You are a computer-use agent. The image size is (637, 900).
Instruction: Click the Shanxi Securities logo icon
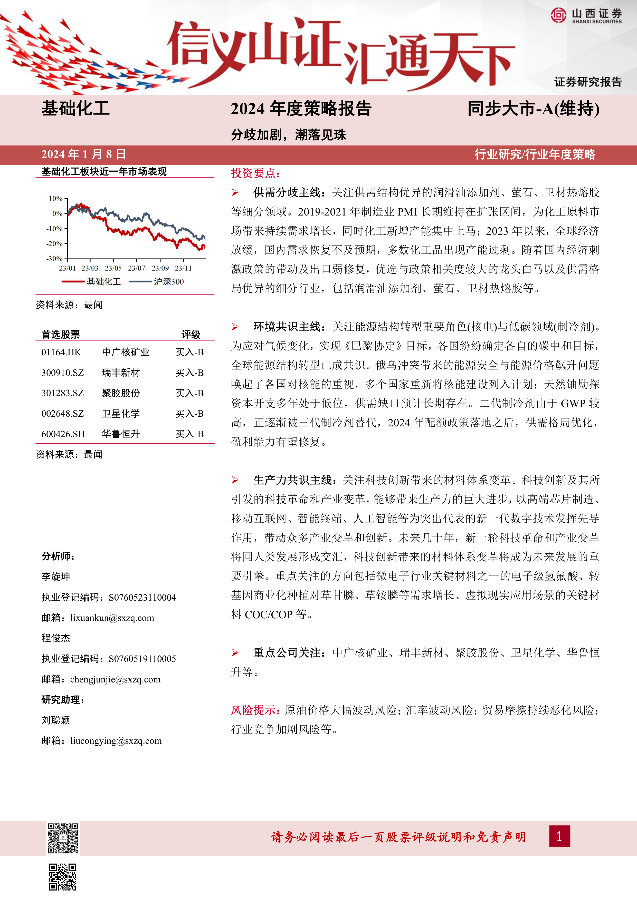click(558, 15)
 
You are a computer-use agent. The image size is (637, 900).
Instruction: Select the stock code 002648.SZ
click(63, 414)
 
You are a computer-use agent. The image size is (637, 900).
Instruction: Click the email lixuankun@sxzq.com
click(112, 618)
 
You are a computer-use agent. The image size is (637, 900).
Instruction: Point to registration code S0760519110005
click(142, 659)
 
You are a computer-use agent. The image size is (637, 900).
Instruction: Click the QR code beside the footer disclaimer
click(63, 838)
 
